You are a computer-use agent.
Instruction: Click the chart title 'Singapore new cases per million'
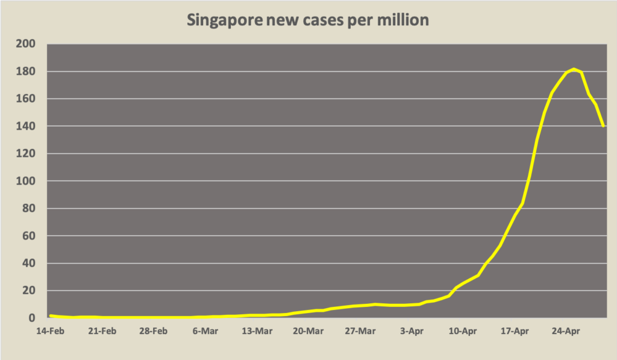click(x=308, y=20)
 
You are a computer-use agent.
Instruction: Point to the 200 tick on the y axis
click(x=29, y=44)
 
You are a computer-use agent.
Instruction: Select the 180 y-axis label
click(x=29, y=72)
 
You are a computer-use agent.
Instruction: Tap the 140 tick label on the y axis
click(x=29, y=127)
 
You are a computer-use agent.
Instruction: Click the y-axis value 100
click(x=29, y=182)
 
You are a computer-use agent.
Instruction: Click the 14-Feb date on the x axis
click(x=51, y=330)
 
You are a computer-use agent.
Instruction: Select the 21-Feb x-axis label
click(x=102, y=330)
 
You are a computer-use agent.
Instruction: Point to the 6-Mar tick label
click(x=205, y=330)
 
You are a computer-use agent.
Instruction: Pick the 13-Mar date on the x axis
click(x=257, y=330)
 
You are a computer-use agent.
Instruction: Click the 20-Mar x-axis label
click(x=308, y=330)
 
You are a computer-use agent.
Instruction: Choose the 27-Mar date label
click(x=360, y=330)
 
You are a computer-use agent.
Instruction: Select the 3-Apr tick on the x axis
click(x=412, y=330)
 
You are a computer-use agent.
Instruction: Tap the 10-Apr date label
click(x=463, y=330)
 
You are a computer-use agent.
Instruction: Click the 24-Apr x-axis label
click(x=566, y=330)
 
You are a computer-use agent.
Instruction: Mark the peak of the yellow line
click(x=574, y=69)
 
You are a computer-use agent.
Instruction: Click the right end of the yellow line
click(x=603, y=126)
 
